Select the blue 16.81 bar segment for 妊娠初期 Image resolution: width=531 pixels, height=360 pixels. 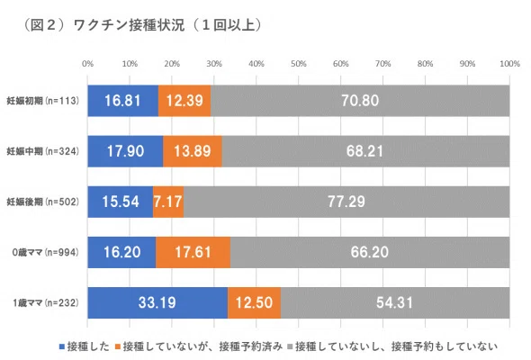coord(123,101)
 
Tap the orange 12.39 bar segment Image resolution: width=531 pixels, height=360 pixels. coord(184,101)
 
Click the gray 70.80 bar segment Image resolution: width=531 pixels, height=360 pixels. coord(360,101)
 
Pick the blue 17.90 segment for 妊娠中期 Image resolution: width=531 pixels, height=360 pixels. coord(125,151)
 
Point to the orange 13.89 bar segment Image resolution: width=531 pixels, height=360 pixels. coord(193,151)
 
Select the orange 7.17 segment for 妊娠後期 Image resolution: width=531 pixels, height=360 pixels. coord(168,202)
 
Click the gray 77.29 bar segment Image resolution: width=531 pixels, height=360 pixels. coord(346,202)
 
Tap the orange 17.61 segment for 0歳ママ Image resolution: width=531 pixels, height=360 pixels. coord(193,252)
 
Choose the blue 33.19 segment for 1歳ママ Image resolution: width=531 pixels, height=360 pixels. coord(157,302)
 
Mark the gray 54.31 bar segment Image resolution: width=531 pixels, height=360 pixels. coord(395,302)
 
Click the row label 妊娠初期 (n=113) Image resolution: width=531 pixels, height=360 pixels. coord(42,101)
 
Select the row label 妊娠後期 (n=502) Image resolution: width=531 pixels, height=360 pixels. coord(42,202)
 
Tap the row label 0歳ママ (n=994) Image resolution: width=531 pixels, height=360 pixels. coord(45,252)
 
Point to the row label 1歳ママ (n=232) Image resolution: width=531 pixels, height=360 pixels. coord(46,302)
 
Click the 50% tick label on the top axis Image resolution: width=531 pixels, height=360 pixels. coord(298,64)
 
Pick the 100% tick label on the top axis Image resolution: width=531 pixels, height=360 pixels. coord(509,64)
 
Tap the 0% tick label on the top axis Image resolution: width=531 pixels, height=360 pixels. coord(87,64)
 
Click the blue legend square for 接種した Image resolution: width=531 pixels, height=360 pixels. coord(62,346)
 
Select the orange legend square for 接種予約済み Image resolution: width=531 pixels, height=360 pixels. coord(118,346)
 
